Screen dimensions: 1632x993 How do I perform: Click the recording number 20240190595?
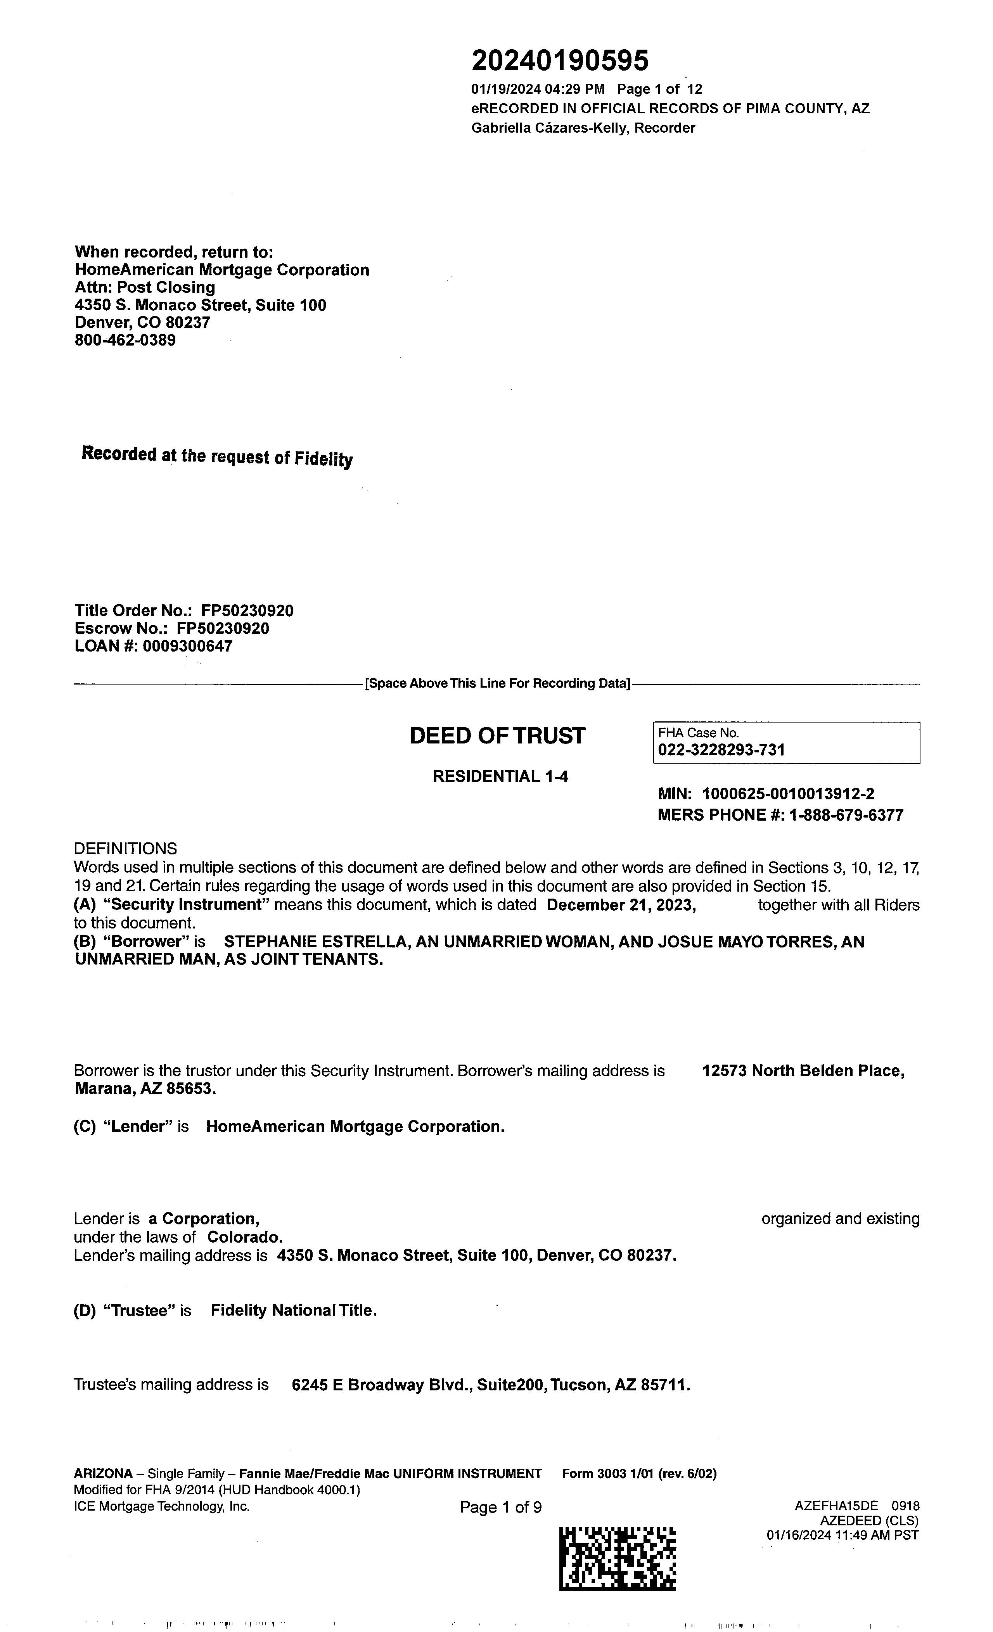pyautogui.click(x=560, y=61)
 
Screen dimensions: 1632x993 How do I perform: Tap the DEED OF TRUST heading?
pyautogui.click(x=497, y=736)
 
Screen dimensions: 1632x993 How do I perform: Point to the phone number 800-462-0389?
pyautogui.click(x=125, y=341)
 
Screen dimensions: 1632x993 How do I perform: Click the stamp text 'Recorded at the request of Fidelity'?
pyautogui.click(x=216, y=456)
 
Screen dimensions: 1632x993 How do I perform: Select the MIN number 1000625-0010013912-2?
pyautogui.click(x=788, y=794)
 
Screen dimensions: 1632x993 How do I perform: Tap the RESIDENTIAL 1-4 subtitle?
pyautogui.click(x=500, y=776)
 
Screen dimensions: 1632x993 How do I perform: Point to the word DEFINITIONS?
pyautogui.click(x=125, y=849)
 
